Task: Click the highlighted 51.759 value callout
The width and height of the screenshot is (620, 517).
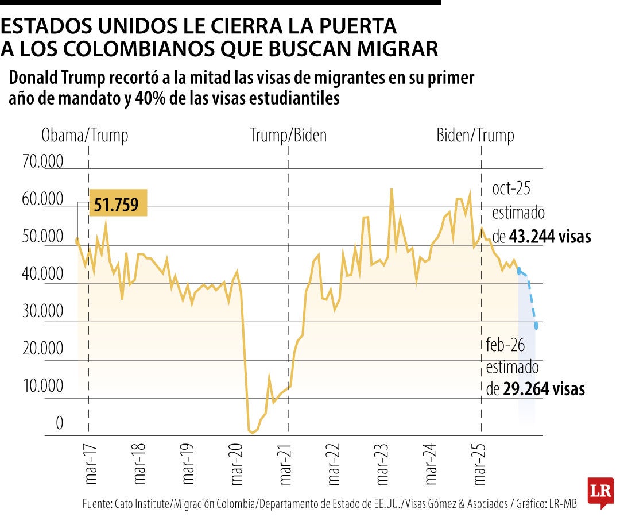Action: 117,203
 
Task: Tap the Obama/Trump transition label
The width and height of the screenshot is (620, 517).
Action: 85,136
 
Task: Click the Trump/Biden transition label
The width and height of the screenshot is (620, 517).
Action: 288,136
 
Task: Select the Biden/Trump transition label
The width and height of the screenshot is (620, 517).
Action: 475,136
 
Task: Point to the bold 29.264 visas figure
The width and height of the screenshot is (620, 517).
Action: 544,389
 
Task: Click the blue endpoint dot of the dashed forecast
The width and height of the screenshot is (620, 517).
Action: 537,326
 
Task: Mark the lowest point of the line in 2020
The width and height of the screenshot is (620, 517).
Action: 251,433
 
